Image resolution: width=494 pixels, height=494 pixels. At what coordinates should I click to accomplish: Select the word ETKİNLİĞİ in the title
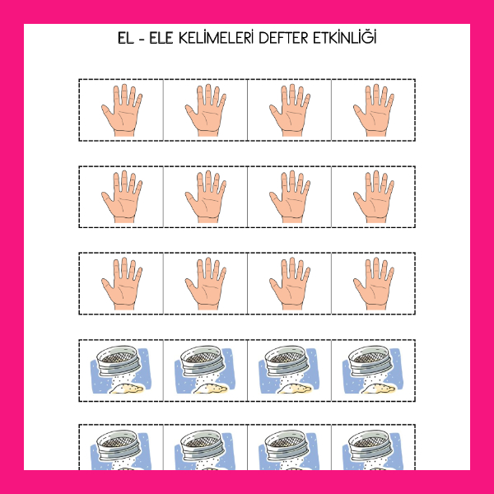pyautogui.click(x=345, y=37)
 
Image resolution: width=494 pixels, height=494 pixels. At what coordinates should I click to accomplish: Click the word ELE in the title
pyautogui.click(x=161, y=38)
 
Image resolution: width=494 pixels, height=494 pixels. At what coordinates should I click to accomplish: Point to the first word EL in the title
pyautogui.click(x=126, y=38)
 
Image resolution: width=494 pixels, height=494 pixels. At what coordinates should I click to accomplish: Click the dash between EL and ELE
pyautogui.click(x=142, y=40)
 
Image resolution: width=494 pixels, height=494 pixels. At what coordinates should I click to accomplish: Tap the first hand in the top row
pyautogui.click(x=122, y=110)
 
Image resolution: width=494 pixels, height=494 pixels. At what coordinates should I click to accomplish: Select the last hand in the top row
pyautogui.click(x=374, y=110)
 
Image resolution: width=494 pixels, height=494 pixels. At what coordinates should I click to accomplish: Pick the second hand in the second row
pyautogui.click(x=206, y=197)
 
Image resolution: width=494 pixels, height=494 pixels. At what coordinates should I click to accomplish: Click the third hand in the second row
pyautogui.click(x=290, y=197)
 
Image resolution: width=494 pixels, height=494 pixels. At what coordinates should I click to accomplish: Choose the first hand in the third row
pyautogui.click(x=122, y=283)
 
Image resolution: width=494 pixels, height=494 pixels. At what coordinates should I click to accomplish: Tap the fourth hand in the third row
pyautogui.click(x=374, y=283)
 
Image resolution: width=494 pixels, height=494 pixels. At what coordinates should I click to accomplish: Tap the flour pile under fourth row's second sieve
pyautogui.click(x=211, y=389)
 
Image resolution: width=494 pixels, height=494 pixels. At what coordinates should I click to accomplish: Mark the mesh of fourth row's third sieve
pyautogui.click(x=287, y=357)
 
